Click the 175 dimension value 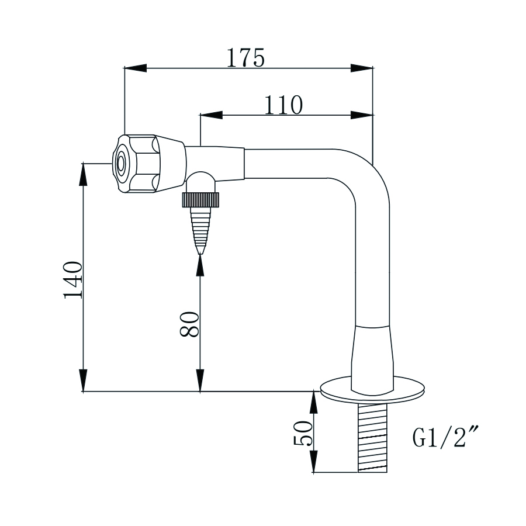tap(246, 58)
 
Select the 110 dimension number tap(283, 105)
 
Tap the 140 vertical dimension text tap(73, 280)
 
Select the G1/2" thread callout tap(442, 438)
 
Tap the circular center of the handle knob tap(121, 164)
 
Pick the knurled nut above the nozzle tap(200, 200)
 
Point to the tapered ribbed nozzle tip tap(200, 231)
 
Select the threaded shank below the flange tap(372, 438)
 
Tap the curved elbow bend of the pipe tap(368, 175)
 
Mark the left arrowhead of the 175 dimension tap(134, 68)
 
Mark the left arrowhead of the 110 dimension tap(211, 115)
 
